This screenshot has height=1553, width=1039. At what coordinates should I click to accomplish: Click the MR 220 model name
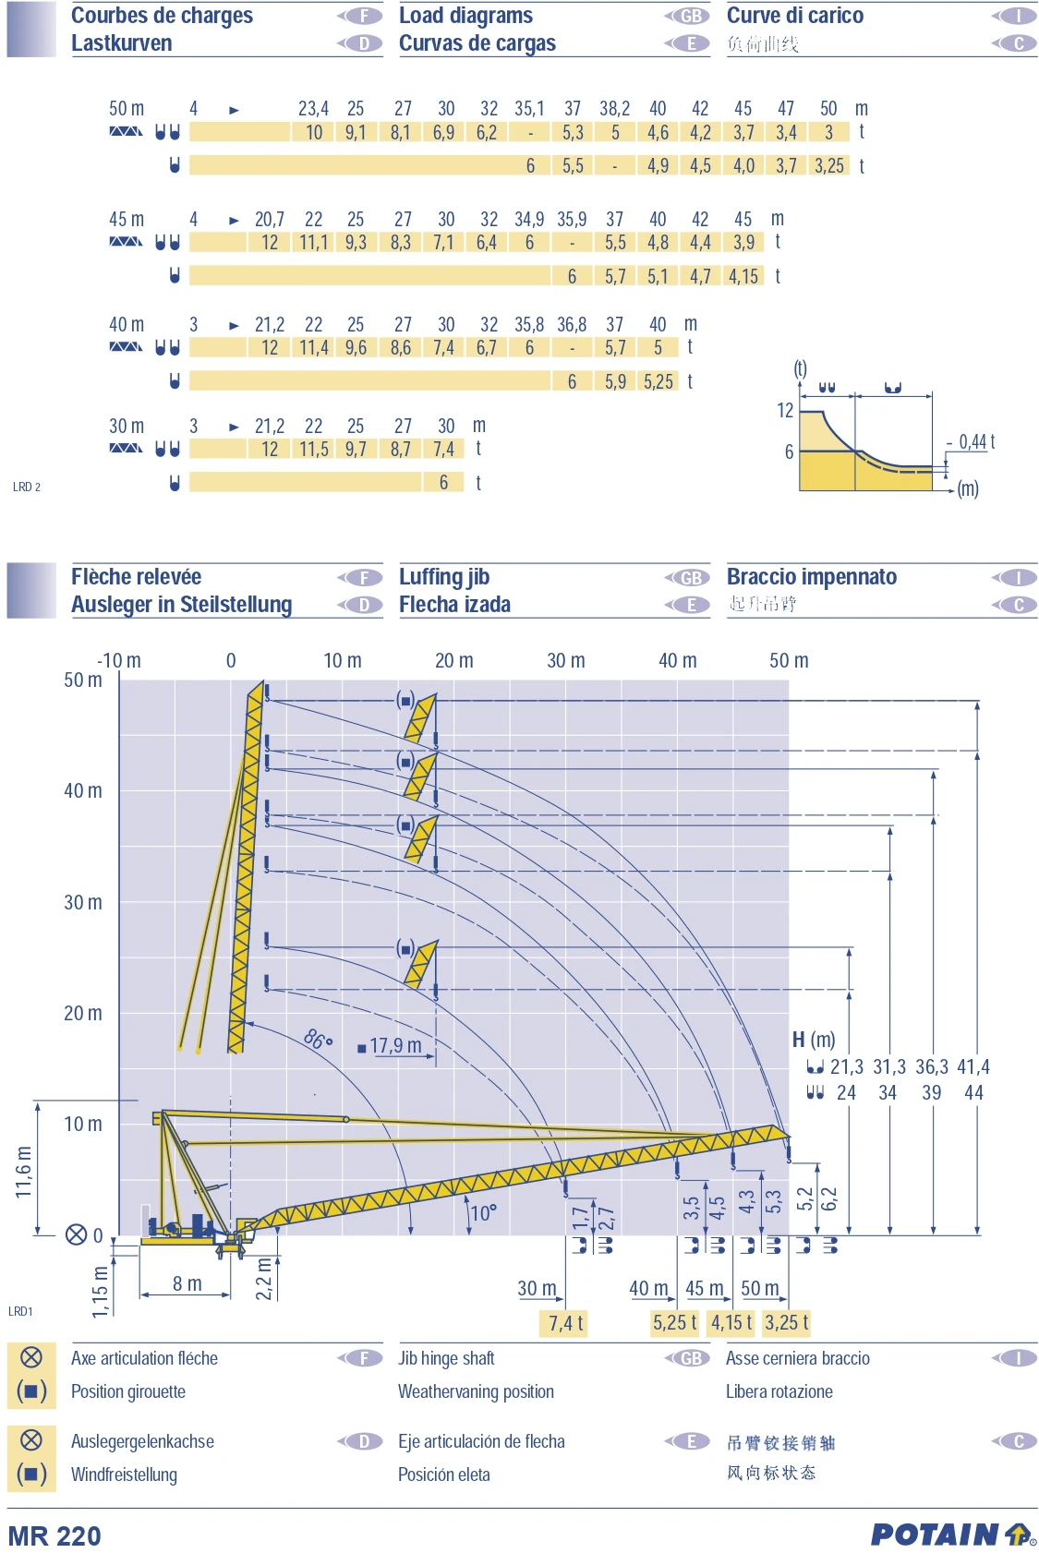coord(54,1535)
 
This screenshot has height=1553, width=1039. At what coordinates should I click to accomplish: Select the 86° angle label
coord(318,1040)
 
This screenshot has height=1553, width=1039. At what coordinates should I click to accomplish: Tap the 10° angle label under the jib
coord(483,1212)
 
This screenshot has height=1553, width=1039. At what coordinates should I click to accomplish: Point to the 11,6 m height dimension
coord(24,1172)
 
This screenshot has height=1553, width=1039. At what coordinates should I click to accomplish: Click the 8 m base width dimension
coord(187,1283)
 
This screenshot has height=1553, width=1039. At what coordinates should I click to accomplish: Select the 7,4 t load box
coord(565,1323)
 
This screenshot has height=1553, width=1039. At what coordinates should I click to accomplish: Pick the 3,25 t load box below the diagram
coord(786,1322)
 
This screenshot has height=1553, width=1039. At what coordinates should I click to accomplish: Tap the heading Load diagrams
coord(465,16)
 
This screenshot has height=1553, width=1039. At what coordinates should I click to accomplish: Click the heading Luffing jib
coord(444,577)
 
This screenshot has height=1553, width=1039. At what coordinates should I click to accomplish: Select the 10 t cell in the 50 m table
coord(314,132)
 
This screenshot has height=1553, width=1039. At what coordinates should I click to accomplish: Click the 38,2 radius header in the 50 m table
coord(614,109)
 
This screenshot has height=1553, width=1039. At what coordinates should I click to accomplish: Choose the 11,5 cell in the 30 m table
coord(314,450)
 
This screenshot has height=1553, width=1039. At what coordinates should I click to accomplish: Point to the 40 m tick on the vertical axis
coord(83,790)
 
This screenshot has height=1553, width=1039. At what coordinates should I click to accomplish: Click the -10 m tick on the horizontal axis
coord(119,660)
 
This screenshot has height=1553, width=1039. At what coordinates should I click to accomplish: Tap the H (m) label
coord(813,1040)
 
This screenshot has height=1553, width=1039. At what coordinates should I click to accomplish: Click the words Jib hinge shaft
coord(446,1358)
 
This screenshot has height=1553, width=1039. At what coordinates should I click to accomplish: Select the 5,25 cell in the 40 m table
coord(658,381)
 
